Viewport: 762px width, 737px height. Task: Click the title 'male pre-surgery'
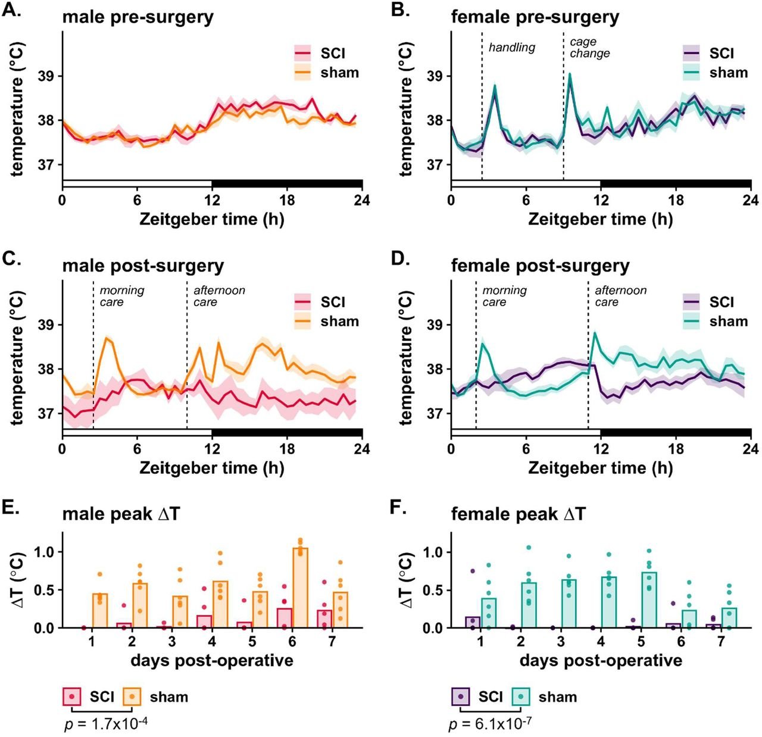coord(138,17)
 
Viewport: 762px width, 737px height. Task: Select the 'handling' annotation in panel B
coord(512,47)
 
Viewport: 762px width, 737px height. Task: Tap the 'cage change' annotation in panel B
coord(589,48)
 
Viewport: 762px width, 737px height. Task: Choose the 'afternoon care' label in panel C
coord(219,296)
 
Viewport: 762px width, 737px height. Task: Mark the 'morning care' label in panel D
coord(504,296)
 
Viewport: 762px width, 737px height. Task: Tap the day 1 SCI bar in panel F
coord(473,622)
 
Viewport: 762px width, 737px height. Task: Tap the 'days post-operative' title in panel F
coord(601,661)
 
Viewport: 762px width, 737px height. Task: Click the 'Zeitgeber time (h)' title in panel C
coord(212,468)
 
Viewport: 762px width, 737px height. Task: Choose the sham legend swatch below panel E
coord(132,697)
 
